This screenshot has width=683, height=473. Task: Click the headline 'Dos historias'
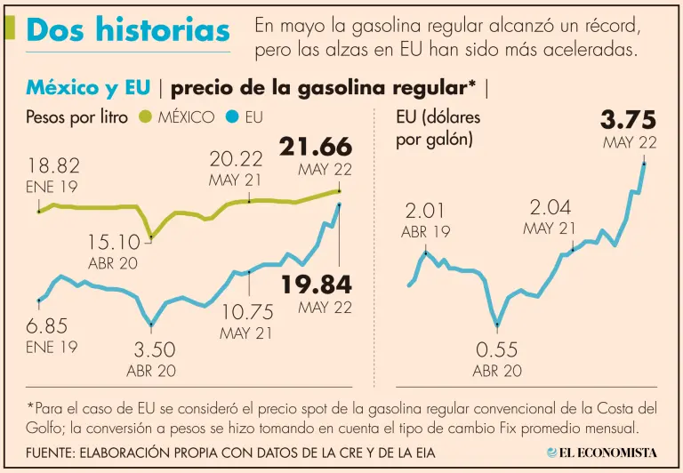click(128, 29)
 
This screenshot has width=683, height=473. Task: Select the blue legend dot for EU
click(231, 116)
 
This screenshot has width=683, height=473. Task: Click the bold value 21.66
click(316, 147)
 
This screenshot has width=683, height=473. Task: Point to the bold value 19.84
click(317, 285)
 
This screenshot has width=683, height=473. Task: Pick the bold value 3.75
click(628, 119)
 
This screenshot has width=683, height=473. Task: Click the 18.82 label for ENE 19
click(53, 166)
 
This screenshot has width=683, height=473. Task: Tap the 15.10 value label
click(113, 242)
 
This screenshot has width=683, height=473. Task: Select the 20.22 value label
click(237, 159)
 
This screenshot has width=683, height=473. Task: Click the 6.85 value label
click(47, 326)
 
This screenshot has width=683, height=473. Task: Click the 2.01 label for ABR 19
click(426, 211)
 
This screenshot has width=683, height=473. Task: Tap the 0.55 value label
click(497, 349)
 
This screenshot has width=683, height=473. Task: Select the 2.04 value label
click(550, 207)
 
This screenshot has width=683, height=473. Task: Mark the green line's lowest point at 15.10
click(151, 236)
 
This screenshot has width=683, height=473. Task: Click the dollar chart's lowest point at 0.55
click(497, 325)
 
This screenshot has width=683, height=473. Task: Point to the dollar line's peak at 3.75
click(643, 164)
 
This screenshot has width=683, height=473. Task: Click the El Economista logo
click(601, 453)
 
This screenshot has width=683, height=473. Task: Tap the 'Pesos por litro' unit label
click(77, 116)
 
